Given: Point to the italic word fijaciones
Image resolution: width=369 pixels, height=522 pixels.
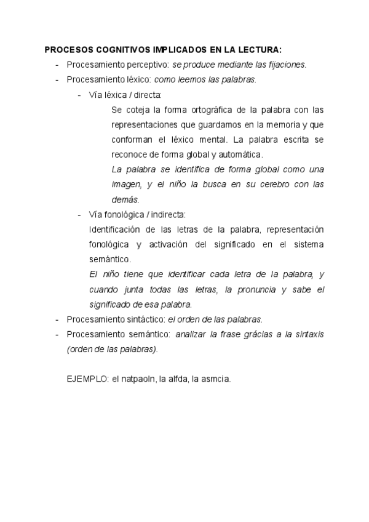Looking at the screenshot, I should coord(287,65).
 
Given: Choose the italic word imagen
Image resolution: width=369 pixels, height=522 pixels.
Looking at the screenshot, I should coord(127,184).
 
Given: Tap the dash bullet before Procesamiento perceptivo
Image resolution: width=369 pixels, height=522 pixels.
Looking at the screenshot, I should coord(57,65).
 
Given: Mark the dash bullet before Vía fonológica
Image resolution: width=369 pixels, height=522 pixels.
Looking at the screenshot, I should coord(80,214).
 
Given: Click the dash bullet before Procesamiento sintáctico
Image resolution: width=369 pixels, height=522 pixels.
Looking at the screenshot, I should coord(57,319).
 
